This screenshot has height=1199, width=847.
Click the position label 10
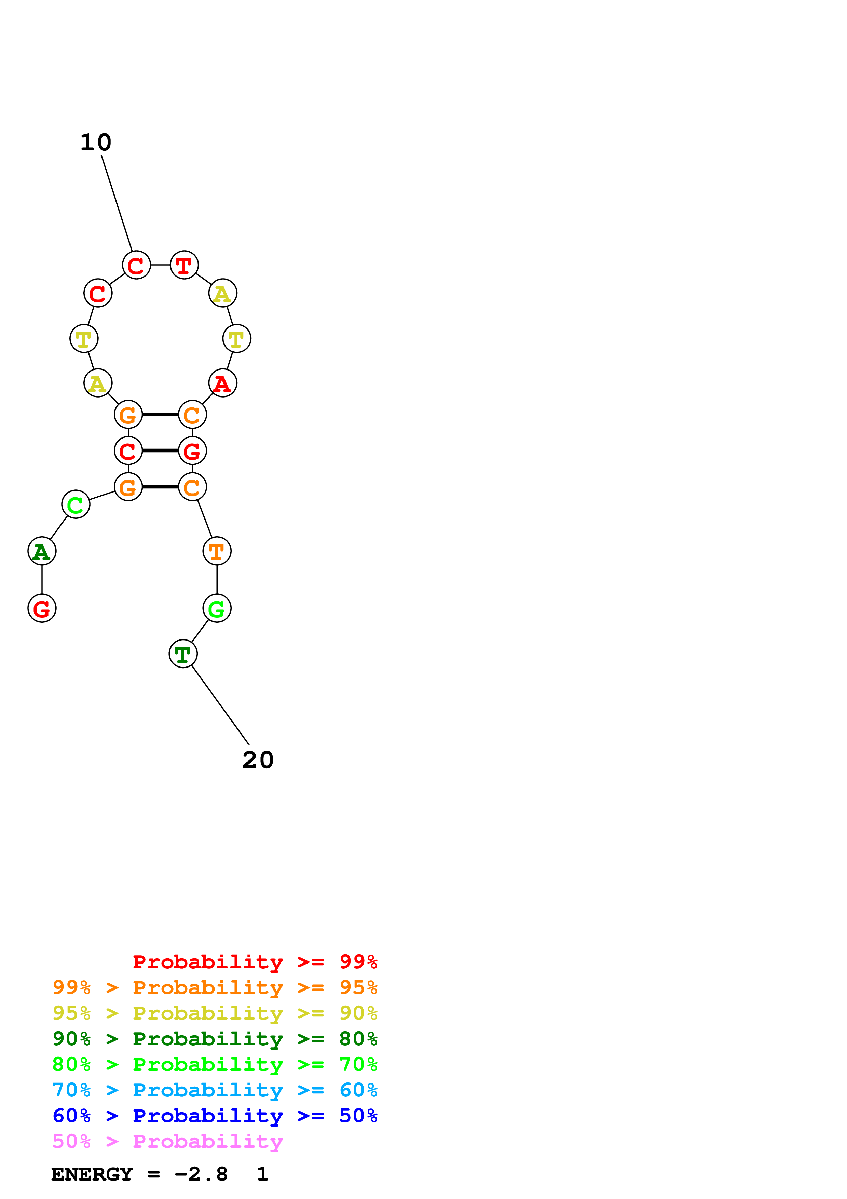pyautogui.click(x=96, y=143)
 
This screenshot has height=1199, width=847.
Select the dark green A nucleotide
pyautogui.click(x=42, y=551)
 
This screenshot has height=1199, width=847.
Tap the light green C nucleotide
pyautogui.click(x=76, y=504)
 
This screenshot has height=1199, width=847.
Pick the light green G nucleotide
pyautogui.click(x=217, y=608)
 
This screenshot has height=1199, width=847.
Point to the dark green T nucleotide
pyautogui.click(x=183, y=654)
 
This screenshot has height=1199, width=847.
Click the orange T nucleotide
pyautogui.click(x=217, y=551)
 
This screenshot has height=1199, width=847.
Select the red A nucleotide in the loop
pyautogui.click(x=223, y=383)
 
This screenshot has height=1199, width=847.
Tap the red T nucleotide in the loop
pyautogui.click(x=184, y=265)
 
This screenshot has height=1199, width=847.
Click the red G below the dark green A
pyautogui.click(x=42, y=608)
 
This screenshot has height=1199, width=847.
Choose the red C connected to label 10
pyautogui.click(x=136, y=265)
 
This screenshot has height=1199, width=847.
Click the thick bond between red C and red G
pyautogui.click(x=160, y=451)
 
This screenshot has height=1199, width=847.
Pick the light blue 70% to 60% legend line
pyautogui.click(x=215, y=1090)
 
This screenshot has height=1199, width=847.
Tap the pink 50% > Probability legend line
pyautogui.click(x=167, y=1142)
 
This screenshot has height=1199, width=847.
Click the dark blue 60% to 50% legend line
pyautogui.click(x=215, y=1116)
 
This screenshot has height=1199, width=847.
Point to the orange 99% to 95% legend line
pyautogui.click(x=215, y=987)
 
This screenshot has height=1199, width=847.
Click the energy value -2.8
pyautogui.click(x=201, y=1174)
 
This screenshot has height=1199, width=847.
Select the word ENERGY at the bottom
pyautogui.click(x=92, y=1174)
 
